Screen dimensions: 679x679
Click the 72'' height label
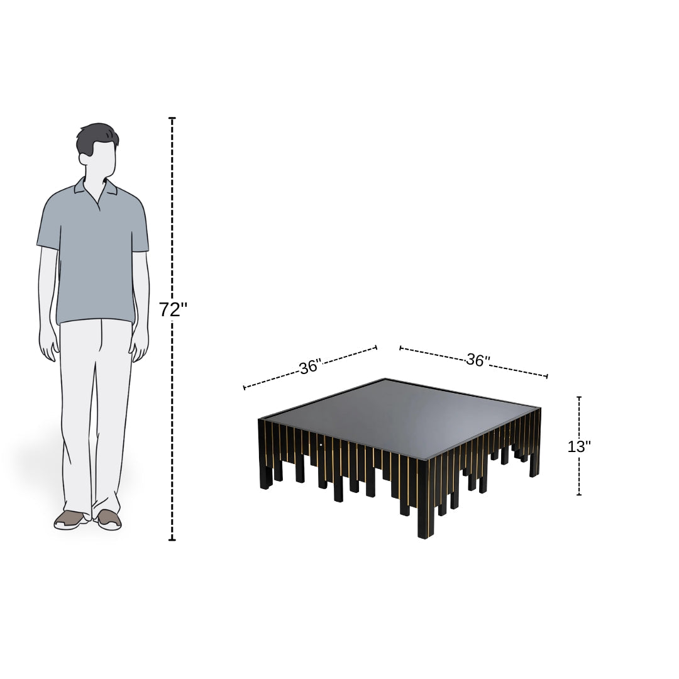174,309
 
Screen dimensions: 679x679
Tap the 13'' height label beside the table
579,446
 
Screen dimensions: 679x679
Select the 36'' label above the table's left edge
311,367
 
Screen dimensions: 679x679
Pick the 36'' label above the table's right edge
478,360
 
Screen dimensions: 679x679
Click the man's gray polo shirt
93,251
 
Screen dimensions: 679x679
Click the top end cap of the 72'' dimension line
172,118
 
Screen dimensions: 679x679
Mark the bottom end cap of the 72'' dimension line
172,539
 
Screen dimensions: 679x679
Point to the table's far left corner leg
265,455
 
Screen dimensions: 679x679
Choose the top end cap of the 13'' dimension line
579,397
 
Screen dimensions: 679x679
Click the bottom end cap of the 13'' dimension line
579,495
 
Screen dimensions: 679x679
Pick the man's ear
83,158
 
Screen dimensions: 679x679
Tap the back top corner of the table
385,379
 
